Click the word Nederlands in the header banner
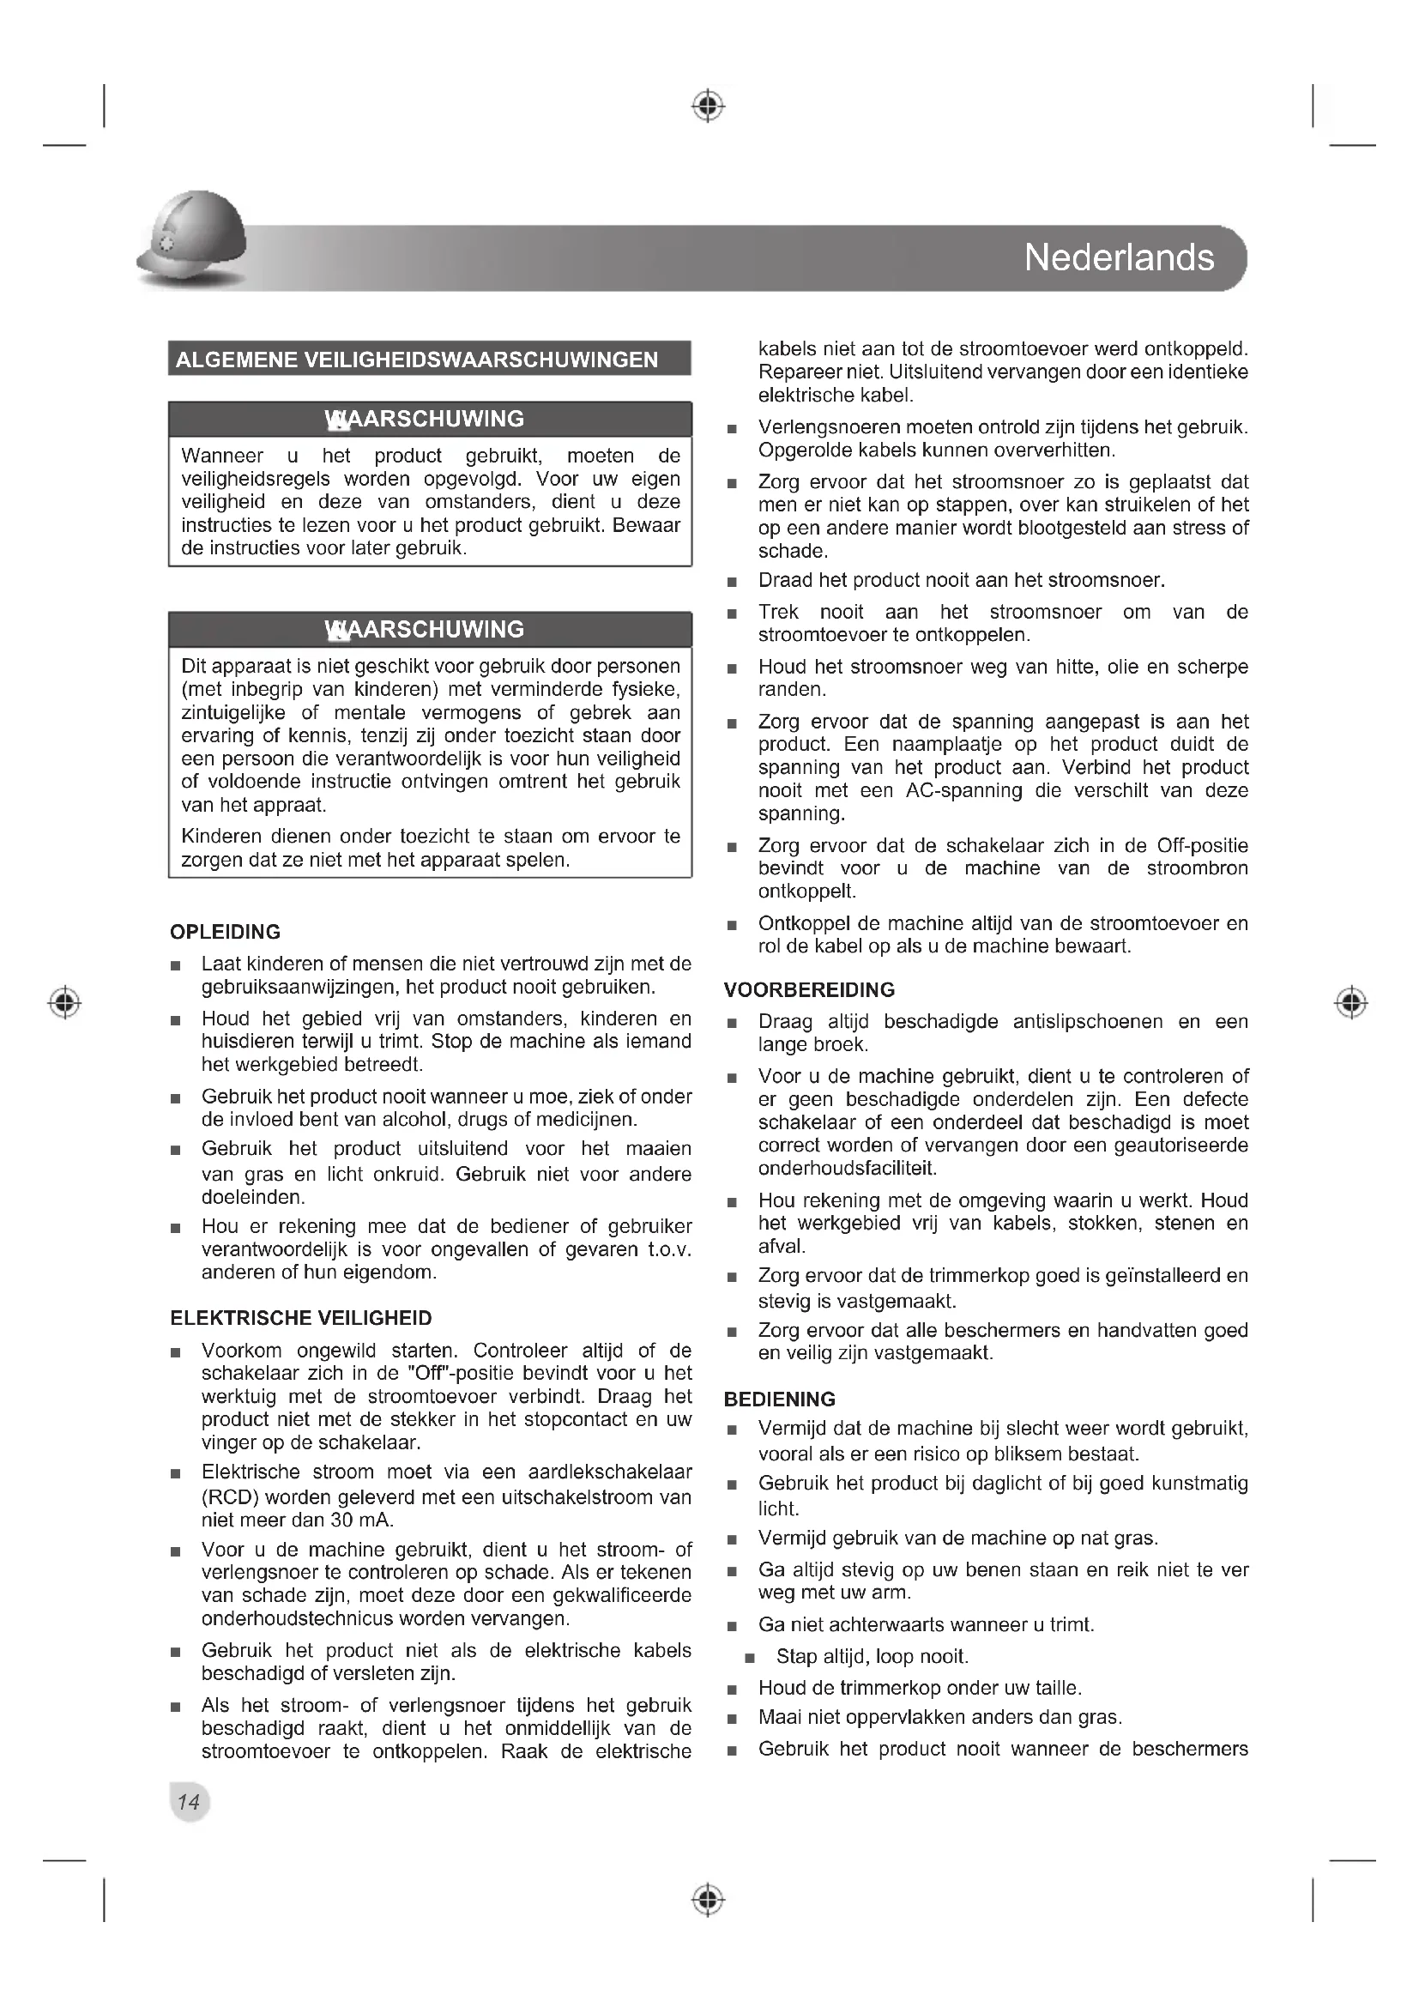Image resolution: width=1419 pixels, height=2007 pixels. [x=1119, y=258]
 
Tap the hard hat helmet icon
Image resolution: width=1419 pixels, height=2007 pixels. [x=192, y=240]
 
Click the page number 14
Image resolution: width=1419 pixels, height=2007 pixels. [x=189, y=1802]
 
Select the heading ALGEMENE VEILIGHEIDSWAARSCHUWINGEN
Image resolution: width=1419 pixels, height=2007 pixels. [x=417, y=360]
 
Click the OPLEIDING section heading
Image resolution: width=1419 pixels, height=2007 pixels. [x=226, y=932]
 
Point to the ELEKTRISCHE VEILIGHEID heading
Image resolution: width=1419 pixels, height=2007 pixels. [x=300, y=1318]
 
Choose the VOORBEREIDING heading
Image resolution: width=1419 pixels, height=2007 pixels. [x=809, y=990]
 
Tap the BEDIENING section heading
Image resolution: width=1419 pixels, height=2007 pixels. [x=779, y=1399]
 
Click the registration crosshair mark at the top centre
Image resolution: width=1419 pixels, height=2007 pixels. [x=709, y=106]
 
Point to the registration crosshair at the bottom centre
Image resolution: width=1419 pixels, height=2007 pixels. [x=709, y=1900]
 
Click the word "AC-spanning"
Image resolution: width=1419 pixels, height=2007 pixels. [x=951, y=790]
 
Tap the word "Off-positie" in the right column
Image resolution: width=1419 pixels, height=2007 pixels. [x=1202, y=845]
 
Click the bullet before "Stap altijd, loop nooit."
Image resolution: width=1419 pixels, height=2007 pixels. [x=749, y=1659]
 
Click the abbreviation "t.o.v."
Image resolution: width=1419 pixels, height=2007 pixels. [x=669, y=1249]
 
